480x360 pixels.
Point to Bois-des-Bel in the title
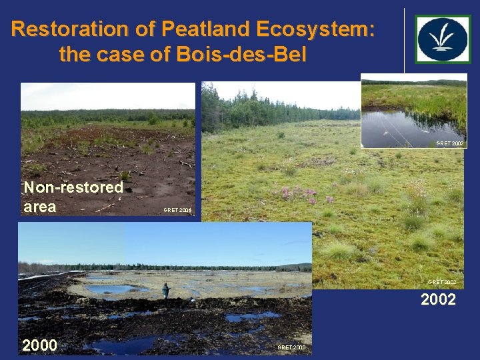click(x=241, y=54)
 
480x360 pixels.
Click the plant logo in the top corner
click(x=443, y=39)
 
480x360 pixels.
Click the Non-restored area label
click(x=73, y=197)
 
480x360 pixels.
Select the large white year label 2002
click(x=438, y=300)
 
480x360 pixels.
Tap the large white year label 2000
click(x=39, y=345)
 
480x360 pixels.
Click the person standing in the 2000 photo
click(x=165, y=291)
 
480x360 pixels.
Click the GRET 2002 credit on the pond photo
click(x=449, y=143)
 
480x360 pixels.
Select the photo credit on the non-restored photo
click(x=177, y=210)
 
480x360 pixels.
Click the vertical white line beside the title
click(x=404, y=40)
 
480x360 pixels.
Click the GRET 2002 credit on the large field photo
click(x=441, y=283)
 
